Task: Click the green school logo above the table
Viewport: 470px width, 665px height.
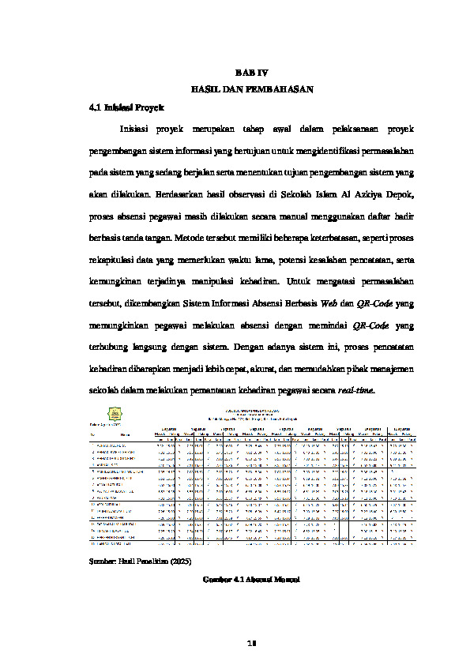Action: (115, 412)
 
